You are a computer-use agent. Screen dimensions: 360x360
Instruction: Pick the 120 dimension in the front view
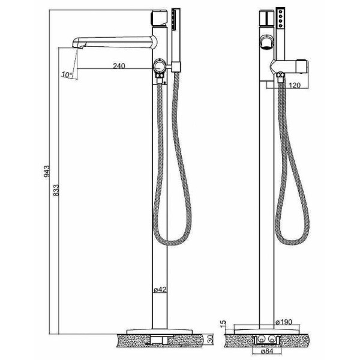pos(294,86)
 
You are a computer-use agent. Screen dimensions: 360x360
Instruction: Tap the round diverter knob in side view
pos(160,66)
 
